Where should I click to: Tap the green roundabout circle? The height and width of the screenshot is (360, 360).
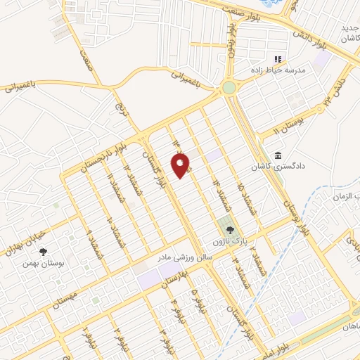(x=229, y=88)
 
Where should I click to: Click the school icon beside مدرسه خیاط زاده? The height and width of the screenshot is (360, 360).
(x=278, y=60)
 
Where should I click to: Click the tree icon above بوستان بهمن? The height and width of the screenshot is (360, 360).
(x=44, y=251)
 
